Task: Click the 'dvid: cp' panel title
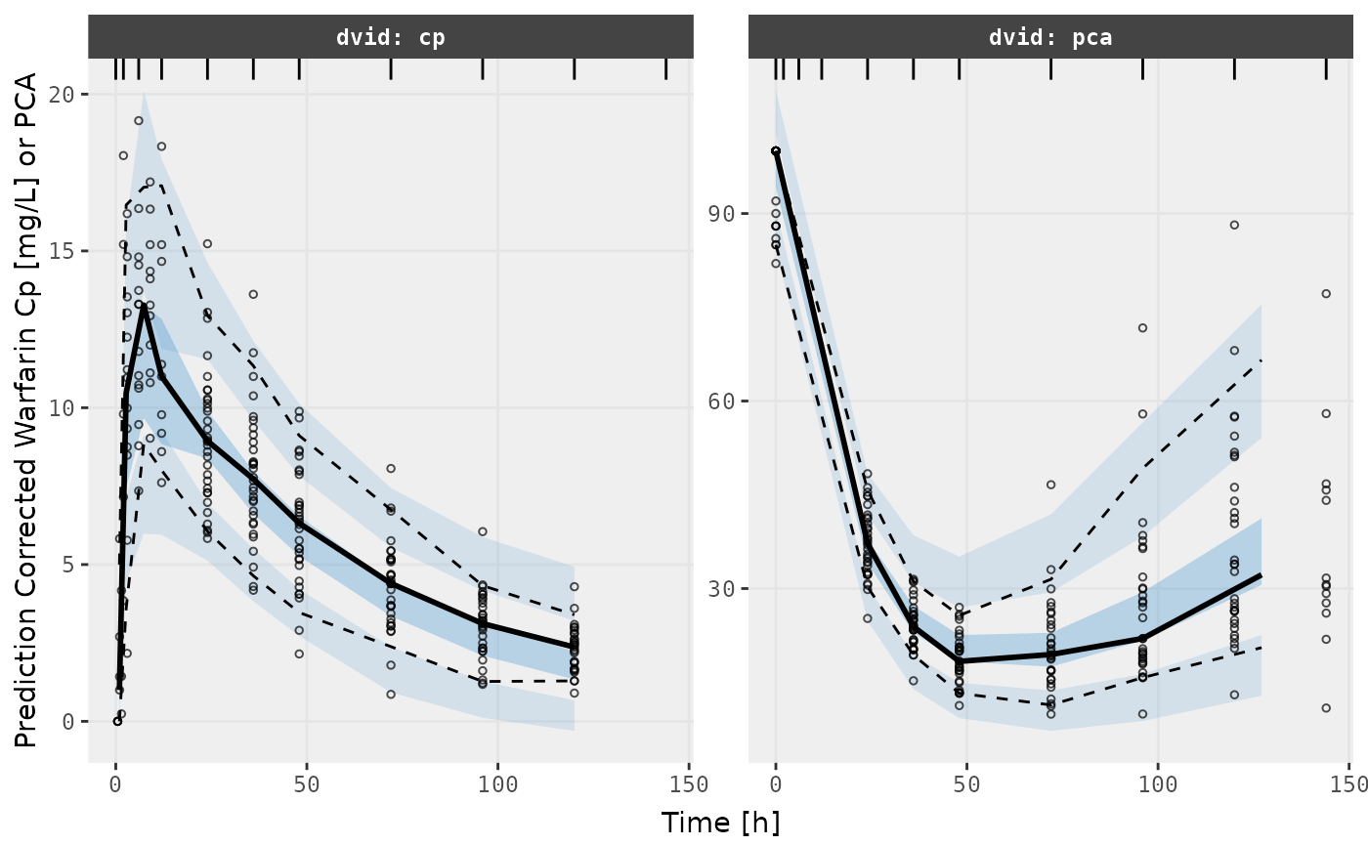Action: tap(391, 38)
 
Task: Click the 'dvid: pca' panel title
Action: tap(1050, 38)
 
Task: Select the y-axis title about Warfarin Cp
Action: tap(27, 410)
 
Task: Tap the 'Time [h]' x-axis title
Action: tap(720, 823)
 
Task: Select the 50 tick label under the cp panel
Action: tap(307, 784)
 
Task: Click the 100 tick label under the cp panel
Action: tap(497, 784)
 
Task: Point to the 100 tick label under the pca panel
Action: tap(1158, 784)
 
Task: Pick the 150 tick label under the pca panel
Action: tap(1348, 784)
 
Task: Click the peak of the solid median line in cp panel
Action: tap(144, 306)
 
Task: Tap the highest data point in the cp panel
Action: tap(139, 121)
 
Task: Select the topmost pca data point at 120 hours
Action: tap(1234, 225)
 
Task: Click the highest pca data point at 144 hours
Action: tap(1326, 294)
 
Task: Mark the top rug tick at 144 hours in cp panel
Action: tap(666, 68)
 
